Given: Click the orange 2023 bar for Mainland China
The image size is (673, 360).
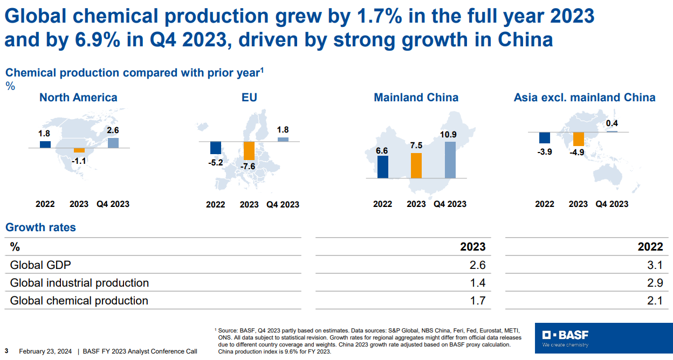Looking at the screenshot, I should tap(416, 165).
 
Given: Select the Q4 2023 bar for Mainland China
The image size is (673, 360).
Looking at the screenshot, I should tap(450, 160).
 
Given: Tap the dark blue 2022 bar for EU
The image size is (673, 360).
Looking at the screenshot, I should tap(216, 148).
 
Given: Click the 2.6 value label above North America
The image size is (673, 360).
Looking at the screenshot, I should tap(113, 130).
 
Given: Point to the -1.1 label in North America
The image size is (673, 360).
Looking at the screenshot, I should tap(79, 160).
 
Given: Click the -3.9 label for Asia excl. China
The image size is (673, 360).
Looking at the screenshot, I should tap(545, 152).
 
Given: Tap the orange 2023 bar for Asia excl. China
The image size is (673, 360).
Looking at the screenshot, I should tap(578, 139).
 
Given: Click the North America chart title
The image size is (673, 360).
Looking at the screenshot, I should tap(78, 98).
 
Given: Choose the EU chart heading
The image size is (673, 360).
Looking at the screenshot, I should tap(249, 98).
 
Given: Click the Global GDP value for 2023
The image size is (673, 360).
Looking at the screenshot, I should tap(477, 265).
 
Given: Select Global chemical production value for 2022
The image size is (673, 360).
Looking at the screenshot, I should tap(655, 301).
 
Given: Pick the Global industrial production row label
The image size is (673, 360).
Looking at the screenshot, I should tap(79, 283).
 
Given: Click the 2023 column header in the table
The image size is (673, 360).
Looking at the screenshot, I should tap(472, 247).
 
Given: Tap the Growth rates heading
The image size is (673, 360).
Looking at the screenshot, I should tap(40, 227).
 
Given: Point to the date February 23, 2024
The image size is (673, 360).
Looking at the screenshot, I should tap(45, 351).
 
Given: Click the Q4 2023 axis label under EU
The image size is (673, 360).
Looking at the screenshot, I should tap(283, 205).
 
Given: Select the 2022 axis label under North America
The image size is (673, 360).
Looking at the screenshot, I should tap(45, 204).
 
